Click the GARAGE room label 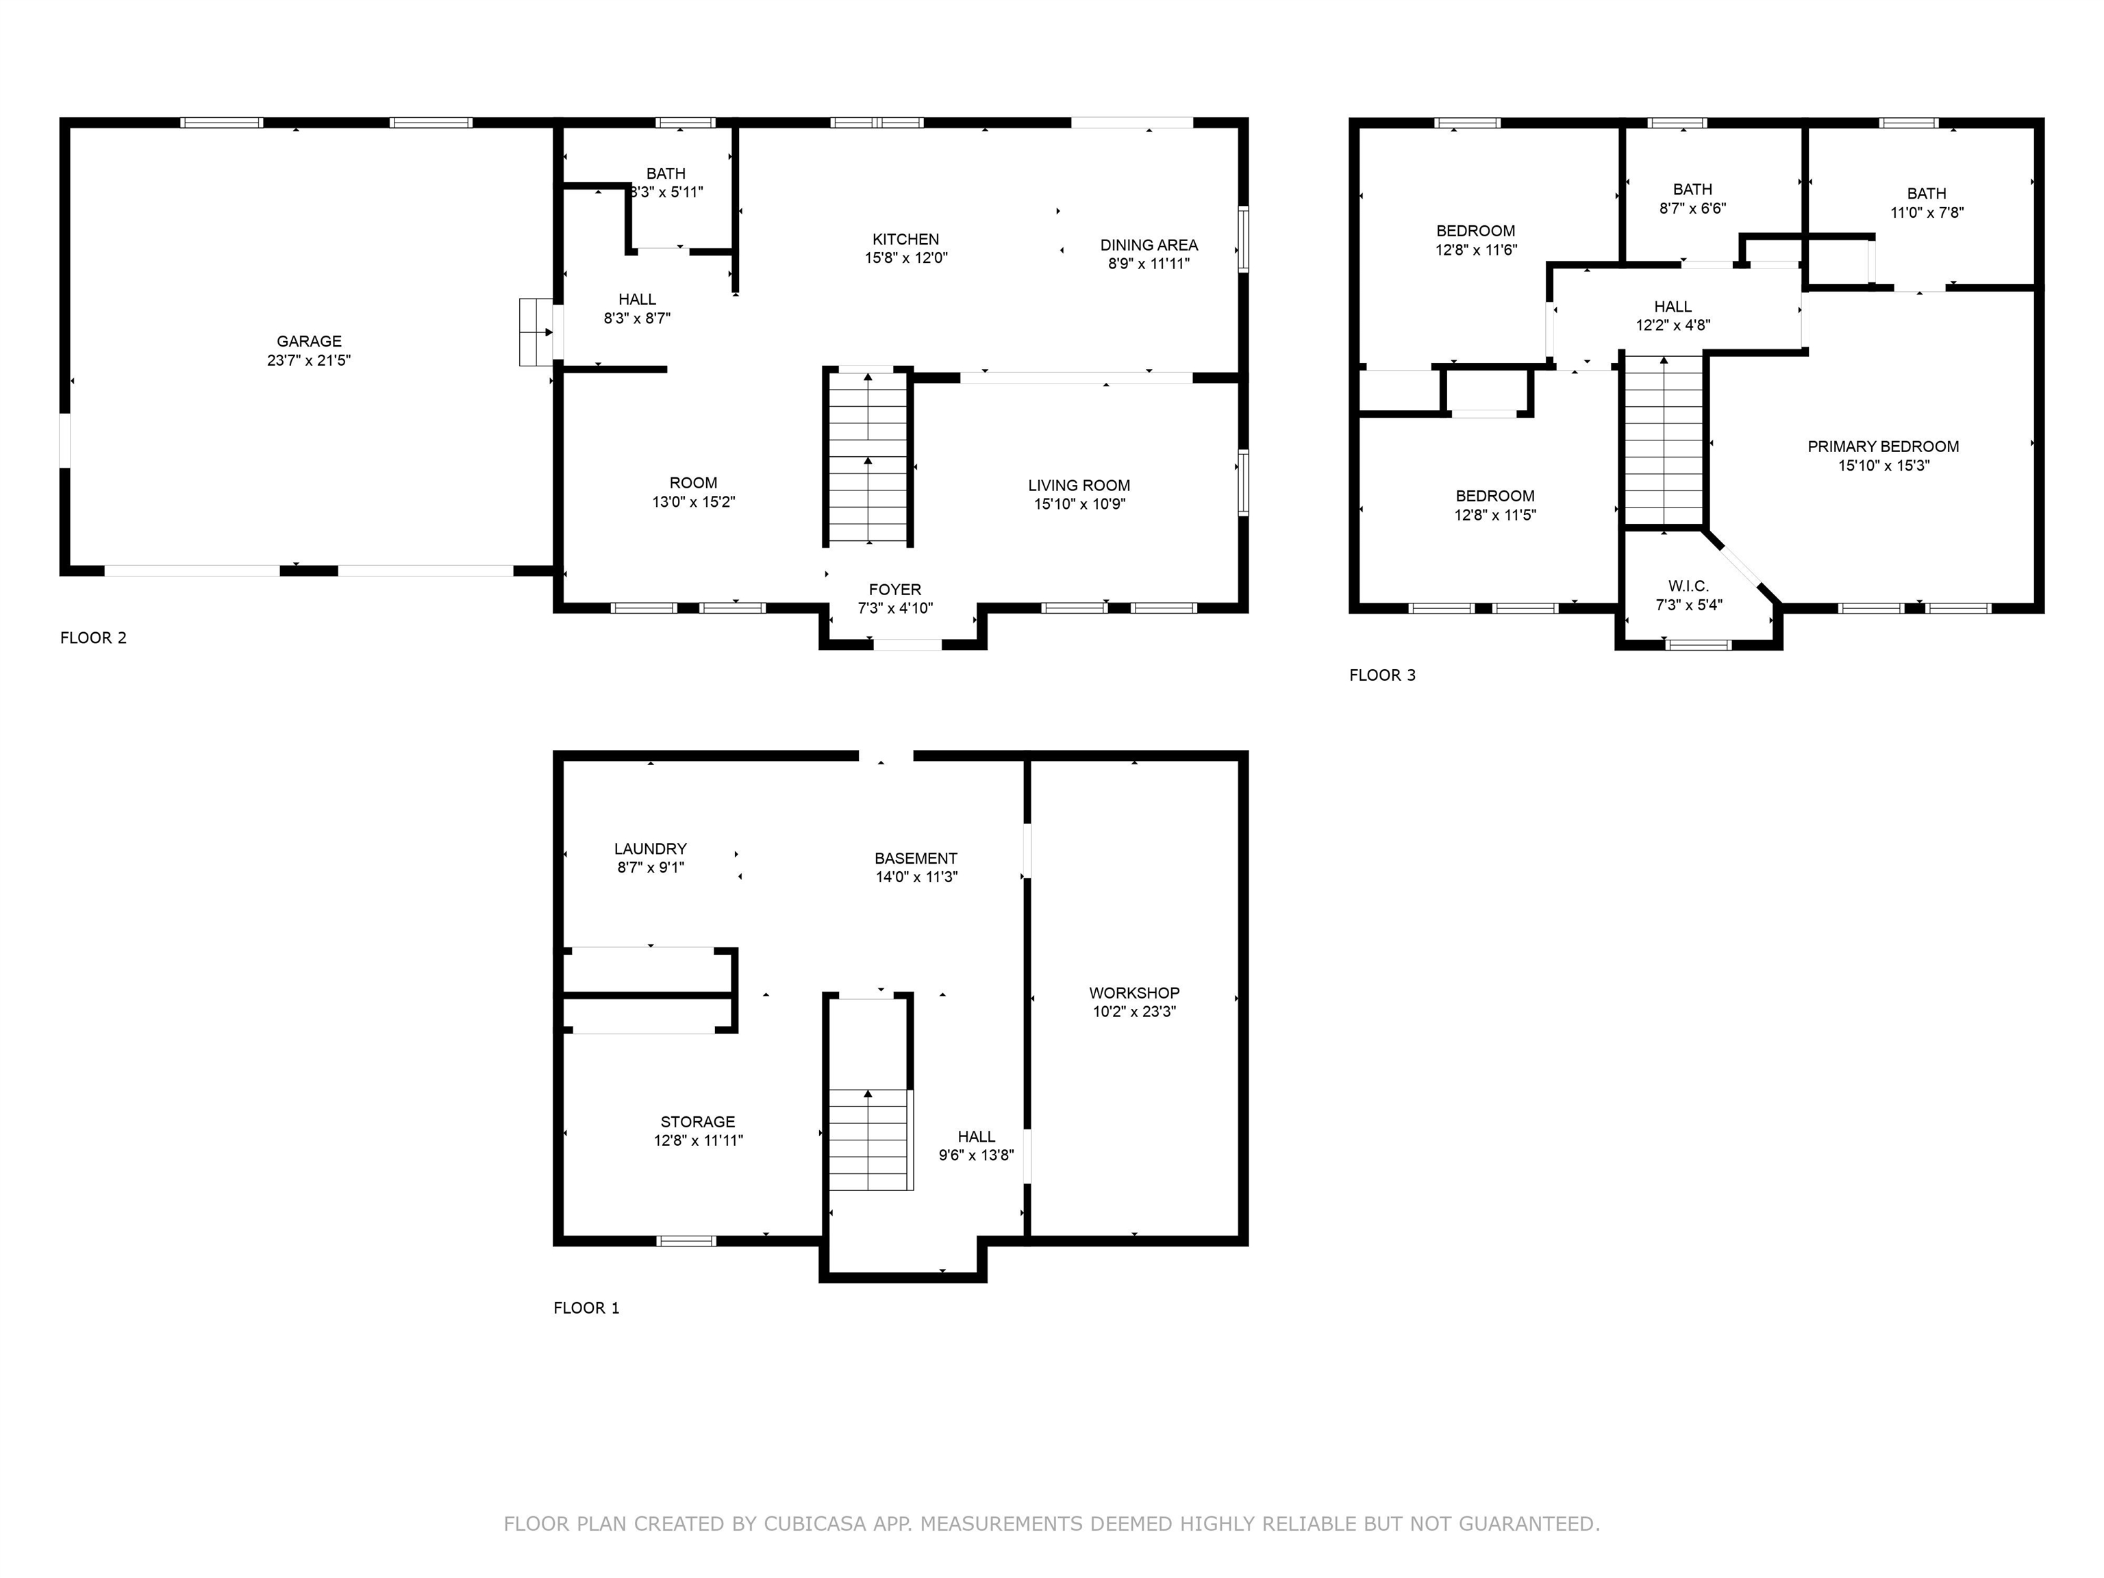308,340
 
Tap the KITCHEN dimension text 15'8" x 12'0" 905,258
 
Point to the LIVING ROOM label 1079,485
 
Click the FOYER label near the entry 894,590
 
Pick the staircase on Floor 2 868,458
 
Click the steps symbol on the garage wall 536,332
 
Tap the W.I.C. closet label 1688,586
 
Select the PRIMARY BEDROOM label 1882,446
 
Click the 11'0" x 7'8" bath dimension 1926,213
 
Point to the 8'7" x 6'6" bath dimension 1692,208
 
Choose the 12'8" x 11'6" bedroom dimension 1475,250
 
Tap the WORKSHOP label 1134,992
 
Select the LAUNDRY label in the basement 650,849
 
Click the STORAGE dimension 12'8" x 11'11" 697,1140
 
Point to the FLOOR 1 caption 586,1308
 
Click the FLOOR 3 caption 1381,675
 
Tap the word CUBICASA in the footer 814,1524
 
